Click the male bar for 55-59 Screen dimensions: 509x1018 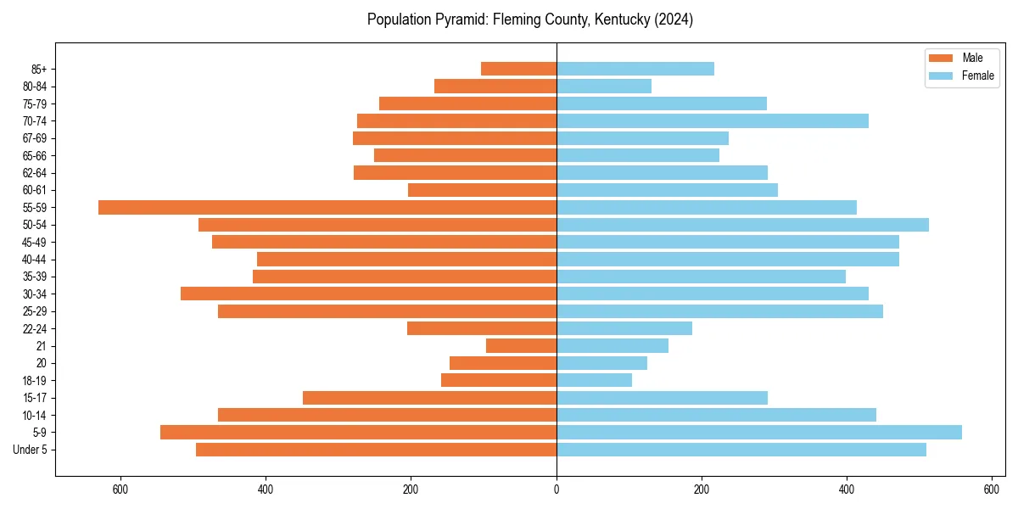tap(327, 207)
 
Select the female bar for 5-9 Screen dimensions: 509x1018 tap(759, 432)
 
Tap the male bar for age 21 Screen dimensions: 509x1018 tap(521, 345)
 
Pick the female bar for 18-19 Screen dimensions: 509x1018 tap(594, 380)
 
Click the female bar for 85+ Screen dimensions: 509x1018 tap(635, 69)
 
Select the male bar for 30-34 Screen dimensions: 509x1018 tap(368, 294)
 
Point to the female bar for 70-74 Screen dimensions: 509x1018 tap(712, 120)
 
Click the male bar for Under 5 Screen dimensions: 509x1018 tap(376, 450)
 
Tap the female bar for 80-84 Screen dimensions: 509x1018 tap(603, 86)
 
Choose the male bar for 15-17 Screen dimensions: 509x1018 tap(429, 398)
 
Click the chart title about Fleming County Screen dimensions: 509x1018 tap(530, 20)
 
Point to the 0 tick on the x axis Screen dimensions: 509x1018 tap(557, 489)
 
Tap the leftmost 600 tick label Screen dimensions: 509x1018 tap(120, 489)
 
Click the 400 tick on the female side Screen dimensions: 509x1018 tap(847, 489)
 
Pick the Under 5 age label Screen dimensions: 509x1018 tap(30, 450)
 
